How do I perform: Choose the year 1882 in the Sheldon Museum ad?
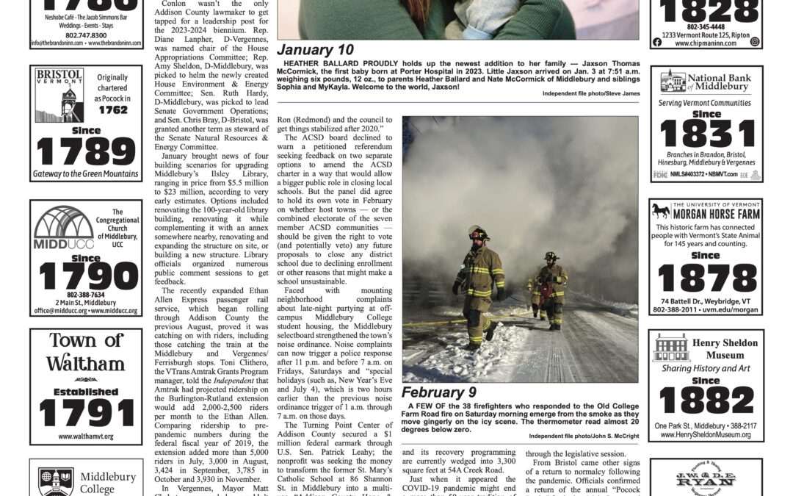706,400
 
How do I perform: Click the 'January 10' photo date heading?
316,50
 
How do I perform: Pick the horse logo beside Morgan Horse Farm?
660,212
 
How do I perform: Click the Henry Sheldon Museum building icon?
671,347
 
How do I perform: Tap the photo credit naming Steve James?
592,94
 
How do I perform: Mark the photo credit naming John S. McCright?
584,436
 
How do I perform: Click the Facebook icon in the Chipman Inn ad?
657,43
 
